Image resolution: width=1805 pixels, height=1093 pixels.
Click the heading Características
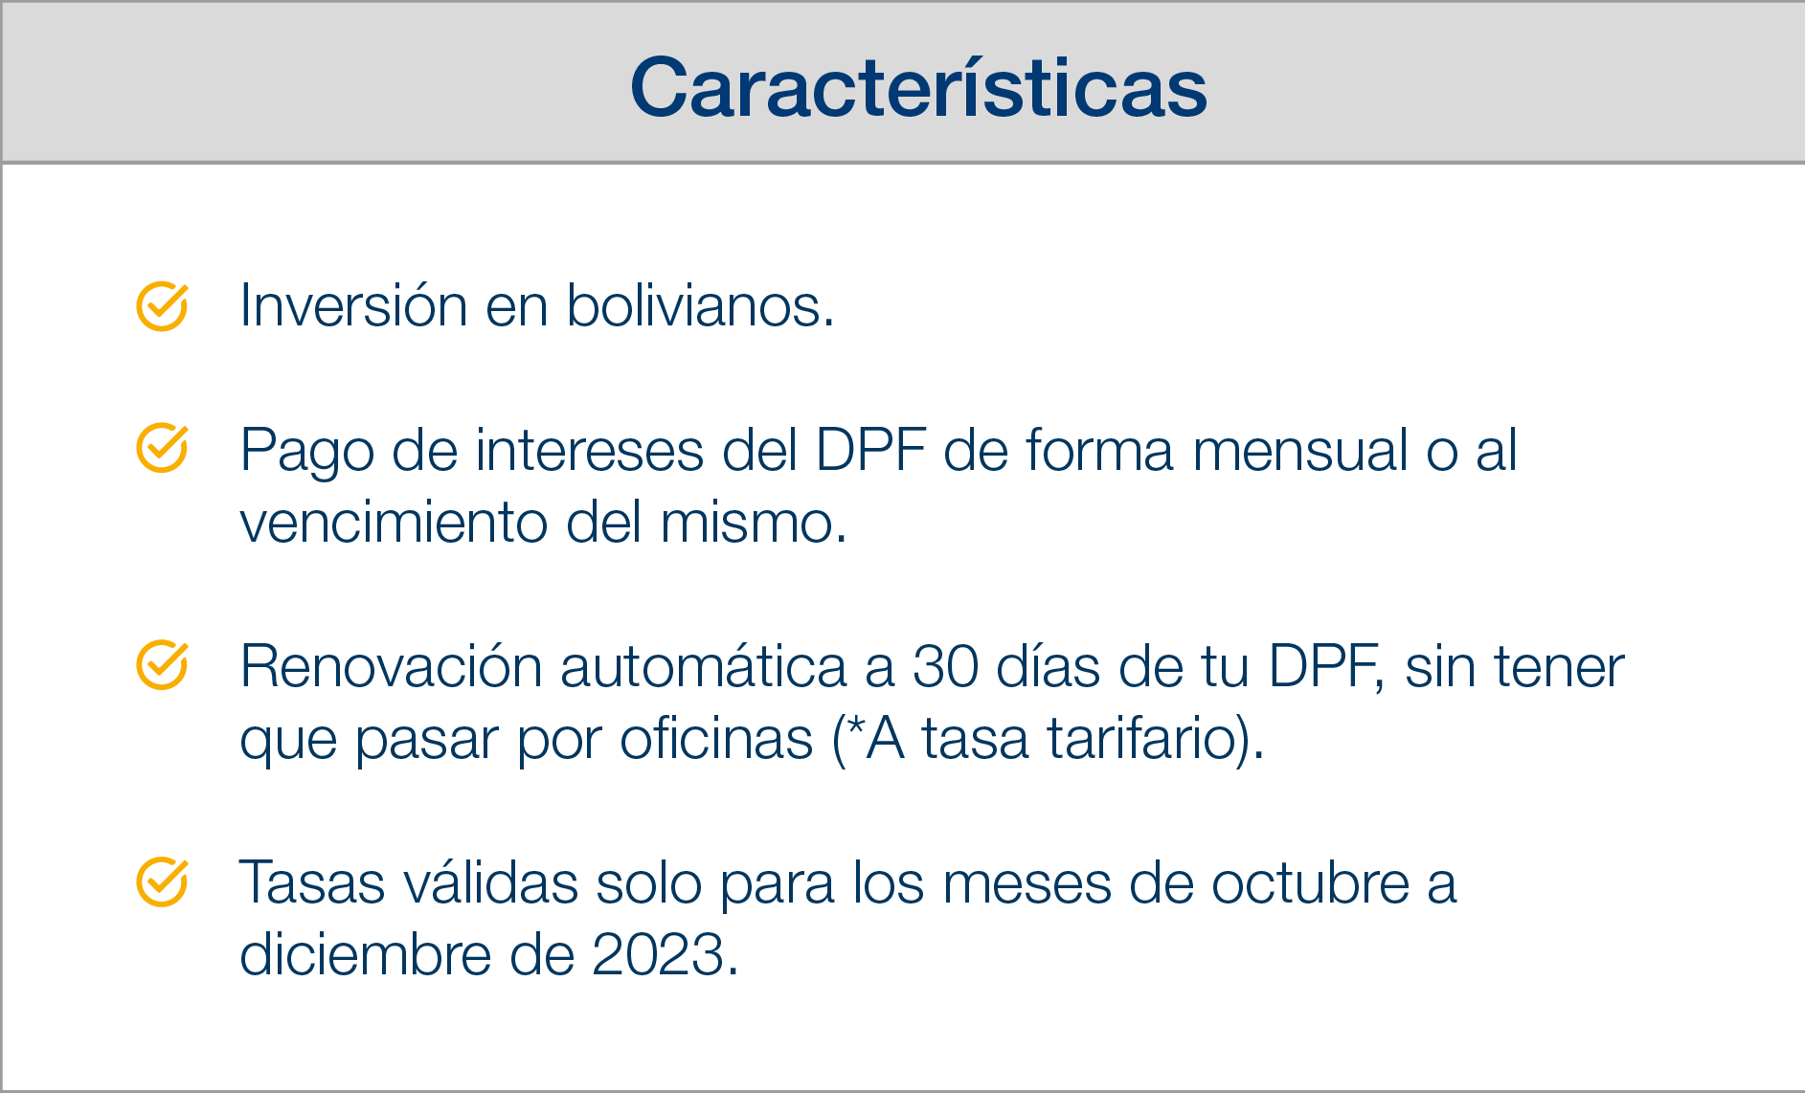(x=918, y=87)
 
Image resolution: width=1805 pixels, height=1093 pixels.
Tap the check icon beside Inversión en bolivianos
(x=162, y=306)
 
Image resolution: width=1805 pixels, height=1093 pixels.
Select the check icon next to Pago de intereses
(x=162, y=448)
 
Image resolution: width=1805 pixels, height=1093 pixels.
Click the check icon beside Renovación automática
(x=162, y=664)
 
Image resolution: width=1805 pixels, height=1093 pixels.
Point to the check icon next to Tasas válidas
(x=162, y=881)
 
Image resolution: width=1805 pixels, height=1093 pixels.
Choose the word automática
(x=704, y=666)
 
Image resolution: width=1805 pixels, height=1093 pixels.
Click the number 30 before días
(x=945, y=666)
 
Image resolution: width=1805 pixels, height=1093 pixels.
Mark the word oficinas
(x=716, y=739)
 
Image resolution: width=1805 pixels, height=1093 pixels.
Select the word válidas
(x=490, y=882)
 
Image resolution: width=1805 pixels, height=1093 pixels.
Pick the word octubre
(x=1311, y=882)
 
